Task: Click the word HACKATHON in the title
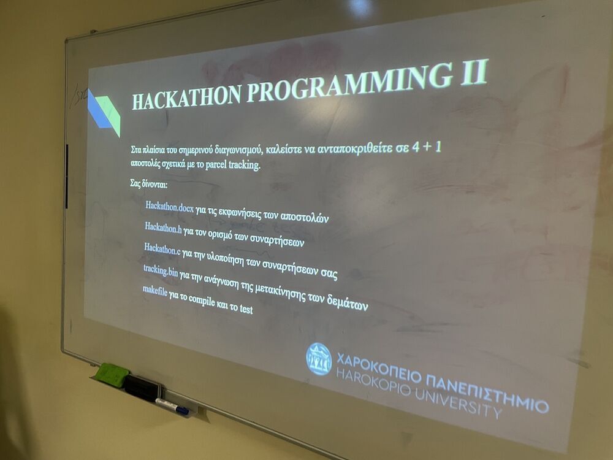186,96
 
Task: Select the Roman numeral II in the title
474,72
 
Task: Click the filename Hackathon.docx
169,207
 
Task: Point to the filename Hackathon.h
163,228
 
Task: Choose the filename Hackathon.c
162,249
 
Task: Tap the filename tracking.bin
160,270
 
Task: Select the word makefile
155,291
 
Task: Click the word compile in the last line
202,301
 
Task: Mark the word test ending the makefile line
246,309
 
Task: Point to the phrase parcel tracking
233,164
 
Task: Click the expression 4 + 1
427,147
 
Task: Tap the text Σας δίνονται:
148,184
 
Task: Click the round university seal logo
319,359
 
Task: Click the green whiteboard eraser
111,373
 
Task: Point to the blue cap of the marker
182,410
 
